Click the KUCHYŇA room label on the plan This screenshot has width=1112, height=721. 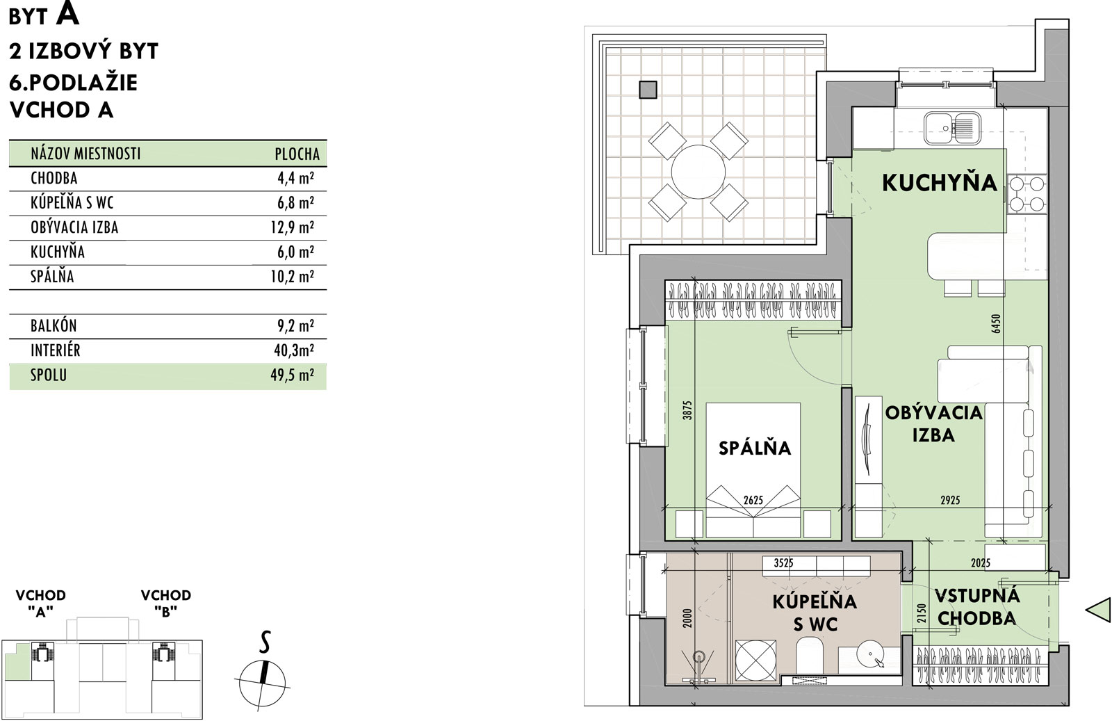tap(940, 183)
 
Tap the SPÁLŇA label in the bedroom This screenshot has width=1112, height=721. tap(755, 448)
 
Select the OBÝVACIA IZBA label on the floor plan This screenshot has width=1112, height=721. tap(934, 423)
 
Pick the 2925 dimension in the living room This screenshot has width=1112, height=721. tap(950, 500)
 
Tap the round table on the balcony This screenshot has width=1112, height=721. tap(698, 172)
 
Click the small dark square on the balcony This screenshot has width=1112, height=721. tap(648, 90)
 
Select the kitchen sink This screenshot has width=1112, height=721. tap(953, 128)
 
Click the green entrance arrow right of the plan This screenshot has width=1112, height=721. tap(1098, 609)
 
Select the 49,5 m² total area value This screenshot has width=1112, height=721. tap(292, 375)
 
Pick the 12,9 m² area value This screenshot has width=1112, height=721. tap(292, 227)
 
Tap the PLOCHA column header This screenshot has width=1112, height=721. tap(297, 154)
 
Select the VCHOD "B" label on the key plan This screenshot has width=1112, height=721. tap(166, 603)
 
